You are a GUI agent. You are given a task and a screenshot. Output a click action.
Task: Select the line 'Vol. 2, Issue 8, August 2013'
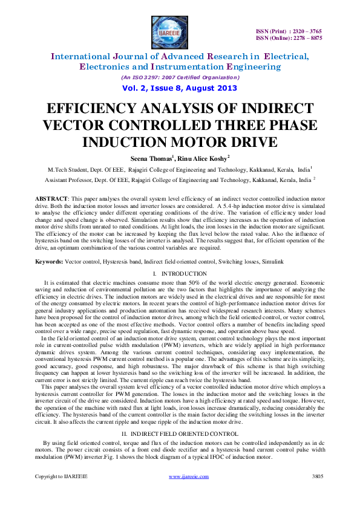(180, 88)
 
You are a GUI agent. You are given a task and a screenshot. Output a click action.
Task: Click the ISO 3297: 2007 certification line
(180, 77)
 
